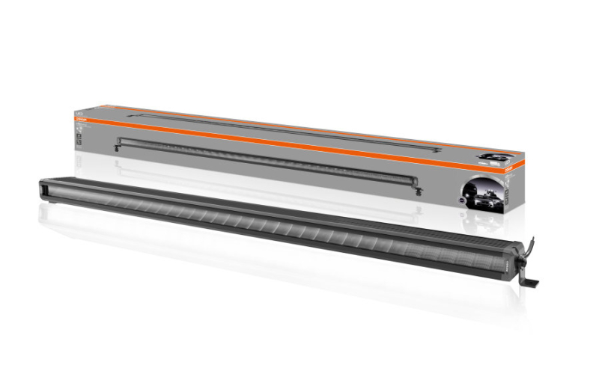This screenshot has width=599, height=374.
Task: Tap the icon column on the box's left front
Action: (81, 135)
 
